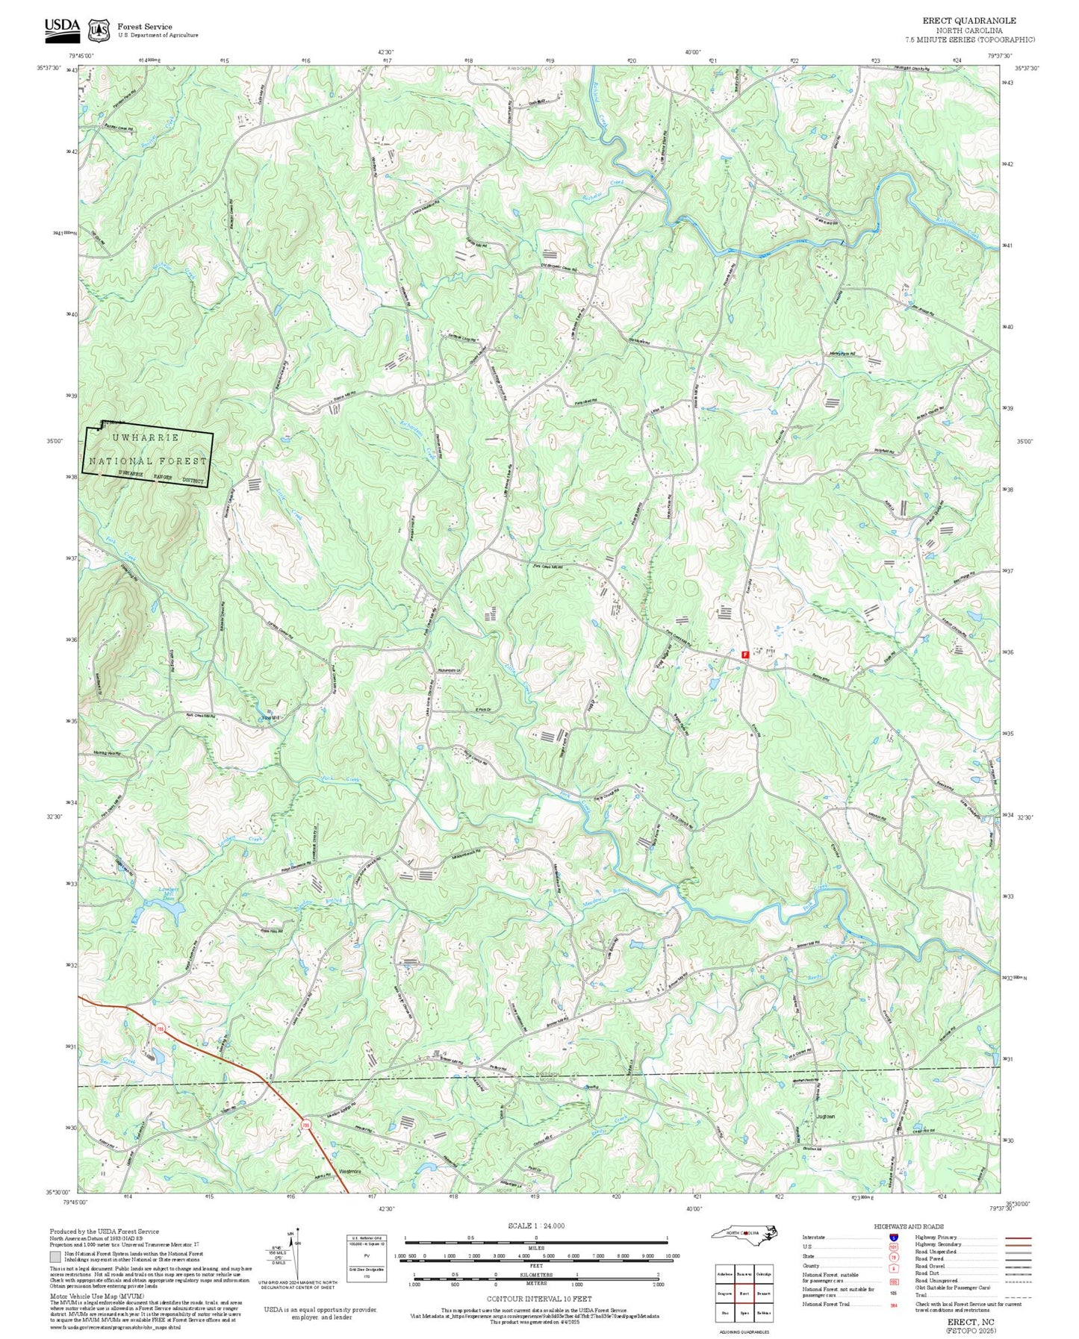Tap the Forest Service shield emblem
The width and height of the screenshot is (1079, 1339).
99,30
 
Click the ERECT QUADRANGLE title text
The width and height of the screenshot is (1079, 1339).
969,20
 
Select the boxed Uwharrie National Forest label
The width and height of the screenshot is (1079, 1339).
148,458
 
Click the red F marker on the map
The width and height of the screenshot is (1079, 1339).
745,654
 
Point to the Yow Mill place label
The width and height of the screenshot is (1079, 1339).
270,717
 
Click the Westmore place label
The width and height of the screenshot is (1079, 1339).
350,1171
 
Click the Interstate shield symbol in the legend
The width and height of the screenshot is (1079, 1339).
894,1237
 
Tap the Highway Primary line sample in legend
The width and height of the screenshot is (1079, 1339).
1017,1237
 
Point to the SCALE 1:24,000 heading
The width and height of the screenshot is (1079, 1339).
535,1226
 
